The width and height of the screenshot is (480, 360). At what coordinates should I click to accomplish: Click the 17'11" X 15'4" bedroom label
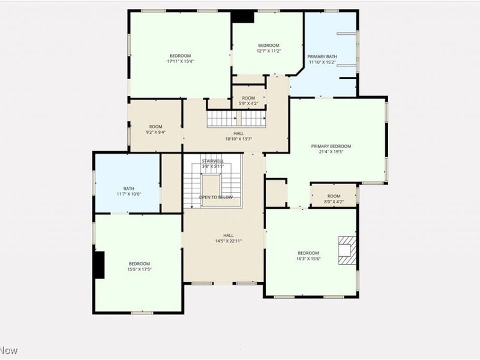[180, 58]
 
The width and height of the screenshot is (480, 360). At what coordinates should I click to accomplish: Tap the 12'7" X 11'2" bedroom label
[268, 49]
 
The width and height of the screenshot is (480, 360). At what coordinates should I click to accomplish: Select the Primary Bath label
[323, 59]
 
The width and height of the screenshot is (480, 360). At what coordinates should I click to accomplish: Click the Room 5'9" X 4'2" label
[248, 101]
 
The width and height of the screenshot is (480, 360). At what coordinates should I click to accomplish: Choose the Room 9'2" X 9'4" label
[156, 129]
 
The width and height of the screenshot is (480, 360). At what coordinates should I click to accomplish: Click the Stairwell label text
[212, 163]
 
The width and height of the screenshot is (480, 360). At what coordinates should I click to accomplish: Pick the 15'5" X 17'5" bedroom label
[139, 266]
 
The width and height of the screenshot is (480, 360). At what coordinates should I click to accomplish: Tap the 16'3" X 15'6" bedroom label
[308, 256]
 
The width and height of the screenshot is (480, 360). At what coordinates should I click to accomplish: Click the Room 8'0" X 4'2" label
[334, 199]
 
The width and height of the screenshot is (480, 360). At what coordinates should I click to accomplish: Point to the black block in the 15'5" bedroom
[98, 265]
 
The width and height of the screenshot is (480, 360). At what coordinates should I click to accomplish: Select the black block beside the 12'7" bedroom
[243, 17]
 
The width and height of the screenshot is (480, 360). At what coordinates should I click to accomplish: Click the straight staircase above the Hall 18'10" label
[235, 119]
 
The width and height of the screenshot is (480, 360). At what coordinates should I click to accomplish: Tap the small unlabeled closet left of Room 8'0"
[276, 193]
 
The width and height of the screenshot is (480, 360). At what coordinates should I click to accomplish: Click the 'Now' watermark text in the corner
[9, 350]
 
